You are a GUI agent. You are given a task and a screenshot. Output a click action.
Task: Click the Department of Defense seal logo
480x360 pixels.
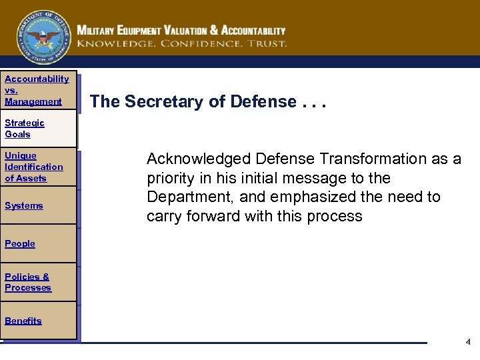[43, 37]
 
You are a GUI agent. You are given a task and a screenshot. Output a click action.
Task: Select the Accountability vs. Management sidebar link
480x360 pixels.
[36, 90]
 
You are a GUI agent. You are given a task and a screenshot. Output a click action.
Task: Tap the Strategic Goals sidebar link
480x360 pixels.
[24, 128]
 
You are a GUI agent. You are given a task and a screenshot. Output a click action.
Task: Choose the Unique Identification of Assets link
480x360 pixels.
[33, 167]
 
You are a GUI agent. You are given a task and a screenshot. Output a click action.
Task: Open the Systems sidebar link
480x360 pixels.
[23, 205]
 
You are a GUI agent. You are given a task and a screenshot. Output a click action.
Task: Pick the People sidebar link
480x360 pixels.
[19, 243]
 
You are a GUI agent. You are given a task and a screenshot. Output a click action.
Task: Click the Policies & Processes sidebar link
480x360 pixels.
[27, 282]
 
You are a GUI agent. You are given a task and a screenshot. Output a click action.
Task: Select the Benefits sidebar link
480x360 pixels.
[23, 321]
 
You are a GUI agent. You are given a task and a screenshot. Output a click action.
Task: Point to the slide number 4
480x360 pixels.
[468, 342]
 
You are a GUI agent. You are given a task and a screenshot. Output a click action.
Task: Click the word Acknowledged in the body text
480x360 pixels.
[197, 159]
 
